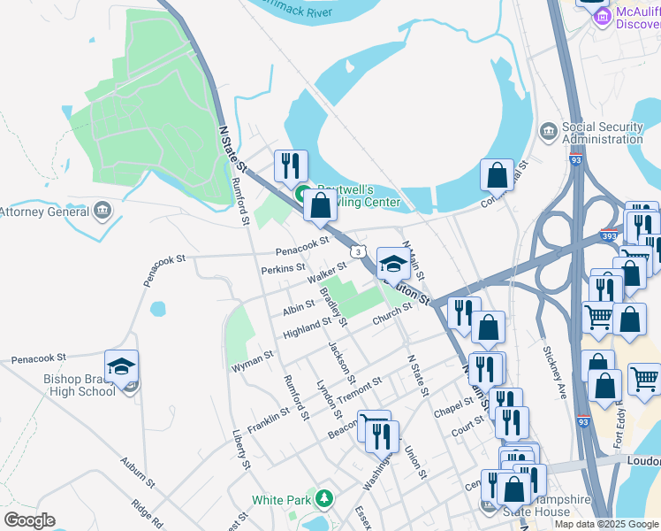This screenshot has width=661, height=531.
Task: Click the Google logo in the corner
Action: [29, 520]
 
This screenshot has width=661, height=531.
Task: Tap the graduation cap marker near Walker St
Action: [393, 264]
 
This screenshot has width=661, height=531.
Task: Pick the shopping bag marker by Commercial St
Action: [497, 175]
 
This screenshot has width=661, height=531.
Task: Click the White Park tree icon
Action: [324, 500]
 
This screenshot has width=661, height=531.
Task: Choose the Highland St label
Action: [307, 328]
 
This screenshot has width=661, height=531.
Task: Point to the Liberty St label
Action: [239, 449]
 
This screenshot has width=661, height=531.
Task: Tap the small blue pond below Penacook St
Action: [157, 309]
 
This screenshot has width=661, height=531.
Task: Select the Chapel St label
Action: [454, 408]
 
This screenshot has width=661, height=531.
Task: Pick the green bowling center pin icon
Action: [301, 195]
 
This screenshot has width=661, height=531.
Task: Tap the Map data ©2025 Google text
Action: [606, 524]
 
